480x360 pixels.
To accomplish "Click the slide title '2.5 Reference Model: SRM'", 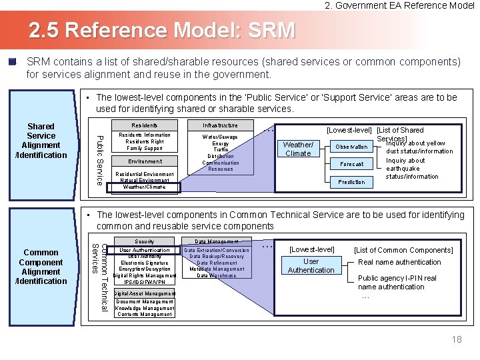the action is [x=161, y=31].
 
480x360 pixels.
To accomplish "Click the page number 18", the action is [x=457, y=339].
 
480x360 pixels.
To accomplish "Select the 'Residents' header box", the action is [x=145, y=125].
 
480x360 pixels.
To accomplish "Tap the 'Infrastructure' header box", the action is [x=220, y=125].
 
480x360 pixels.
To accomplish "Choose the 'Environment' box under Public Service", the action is [x=145, y=161].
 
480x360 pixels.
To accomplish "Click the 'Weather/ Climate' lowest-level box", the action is [x=298, y=149].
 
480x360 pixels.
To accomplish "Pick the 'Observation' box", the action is [x=351, y=147].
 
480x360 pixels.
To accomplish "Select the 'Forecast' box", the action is [x=351, y=164].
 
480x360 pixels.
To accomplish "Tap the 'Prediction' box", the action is [x=351, y=182].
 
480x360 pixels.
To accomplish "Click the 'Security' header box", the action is [x=145, y=241].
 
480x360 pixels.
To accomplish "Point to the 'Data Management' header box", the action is [x=216, y=241].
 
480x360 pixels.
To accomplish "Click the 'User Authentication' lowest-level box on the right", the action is [x=311, y=266].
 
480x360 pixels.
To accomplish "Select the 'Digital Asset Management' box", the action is [x=145, y=293].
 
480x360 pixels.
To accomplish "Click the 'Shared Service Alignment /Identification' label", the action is [x=41, y=141].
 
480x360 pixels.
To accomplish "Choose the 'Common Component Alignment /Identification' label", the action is [x=41, y=267].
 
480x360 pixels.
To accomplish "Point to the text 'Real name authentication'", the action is [x=399, y=263].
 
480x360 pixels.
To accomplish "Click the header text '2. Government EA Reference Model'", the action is [x=399, y=5].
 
